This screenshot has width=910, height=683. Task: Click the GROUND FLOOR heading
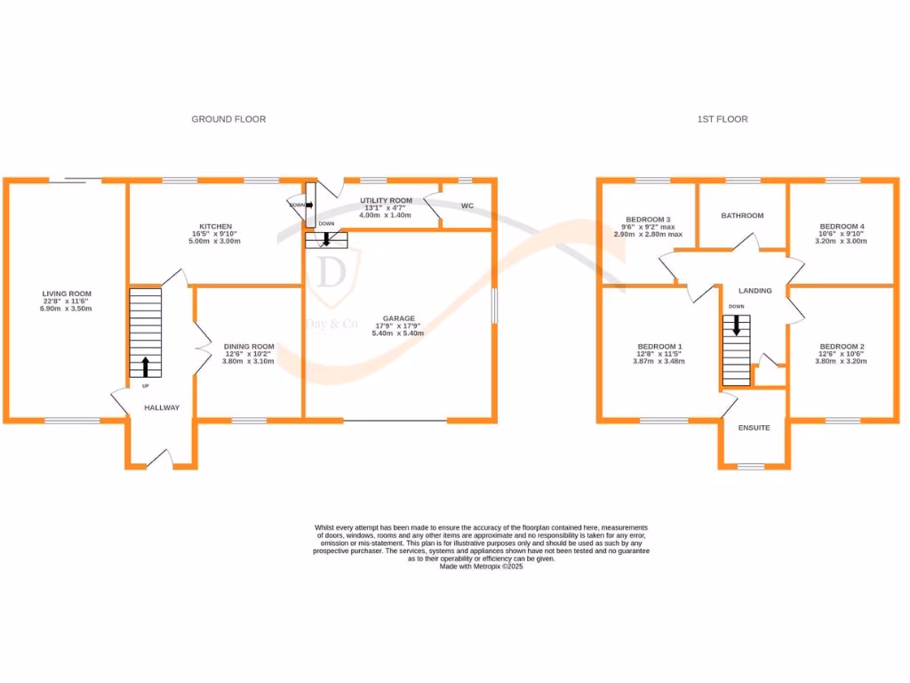(x=228, y=119)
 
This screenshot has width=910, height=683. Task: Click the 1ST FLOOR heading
(x=722, y=119)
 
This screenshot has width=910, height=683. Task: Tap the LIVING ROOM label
(x=67, y=293)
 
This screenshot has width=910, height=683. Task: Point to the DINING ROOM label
(x=249, y=347)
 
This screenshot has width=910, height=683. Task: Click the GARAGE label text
(x=398, y=318)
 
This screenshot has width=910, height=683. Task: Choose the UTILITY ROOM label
(x=386, y=201)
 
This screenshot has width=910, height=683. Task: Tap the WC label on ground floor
(x=467, y=206)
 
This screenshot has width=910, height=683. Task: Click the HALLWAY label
(x=162, y=408)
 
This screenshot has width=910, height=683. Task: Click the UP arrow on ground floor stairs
(x=146, y=366)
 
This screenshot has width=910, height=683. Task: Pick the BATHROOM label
(x=742, y=215)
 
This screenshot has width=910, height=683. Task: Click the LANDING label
(x=754, y=291)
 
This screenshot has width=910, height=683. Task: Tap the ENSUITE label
(x=754, y=428)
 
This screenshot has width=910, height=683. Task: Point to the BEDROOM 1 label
(x=660, y=347)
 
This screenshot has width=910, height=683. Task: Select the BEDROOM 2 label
(x=842, y=347)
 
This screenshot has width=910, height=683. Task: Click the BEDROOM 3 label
(x=648, y=220)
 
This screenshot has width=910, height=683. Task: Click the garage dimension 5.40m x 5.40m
(x=398, y=333)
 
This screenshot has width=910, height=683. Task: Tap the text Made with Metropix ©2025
(x=482, y=566)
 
